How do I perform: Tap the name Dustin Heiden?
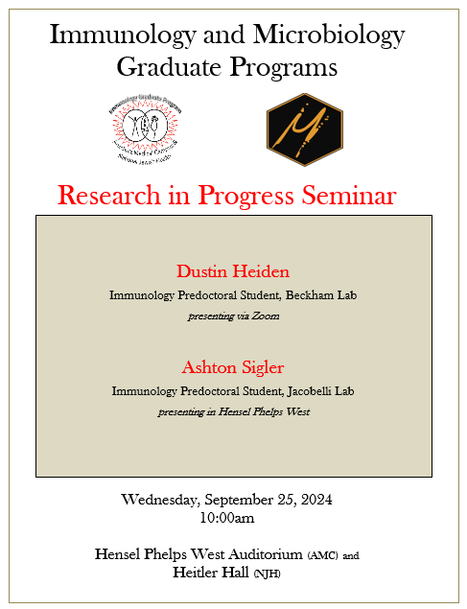[x=232, y=271]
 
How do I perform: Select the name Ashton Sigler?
[x=232, y=367]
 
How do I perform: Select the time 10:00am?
[x=227, y=518]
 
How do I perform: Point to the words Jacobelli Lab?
[x=320, y=391]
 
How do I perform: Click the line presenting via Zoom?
[x=232, y=316]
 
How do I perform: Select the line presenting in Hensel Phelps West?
[x=232, y=411]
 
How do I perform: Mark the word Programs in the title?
[x=284, y=67]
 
